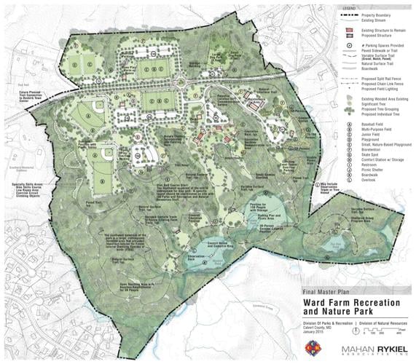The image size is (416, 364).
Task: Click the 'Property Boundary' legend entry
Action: point(372,14)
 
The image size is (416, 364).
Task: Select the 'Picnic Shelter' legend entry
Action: point(366,181)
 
